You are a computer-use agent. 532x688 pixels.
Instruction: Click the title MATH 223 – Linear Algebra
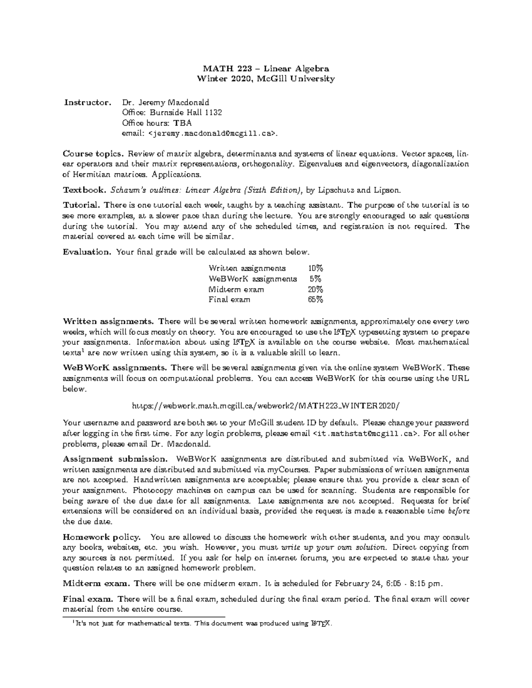pyautogui.click(x=266, y=69)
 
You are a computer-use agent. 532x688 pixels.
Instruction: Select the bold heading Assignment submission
pyautogui.click(x=115, y=459)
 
